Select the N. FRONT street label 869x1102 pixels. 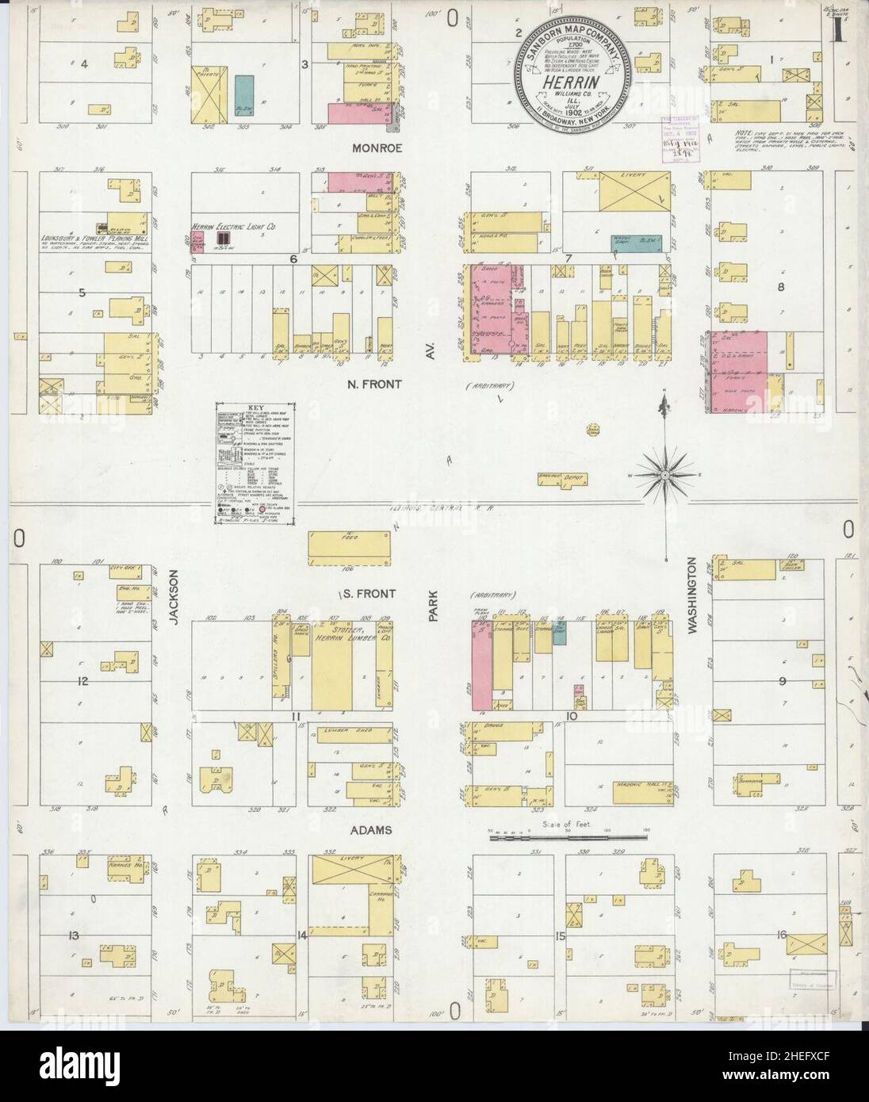click(374, 385)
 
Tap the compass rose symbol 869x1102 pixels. click(662, 475)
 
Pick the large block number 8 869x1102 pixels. click(780, 288)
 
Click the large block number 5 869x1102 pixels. click(82, 292)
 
